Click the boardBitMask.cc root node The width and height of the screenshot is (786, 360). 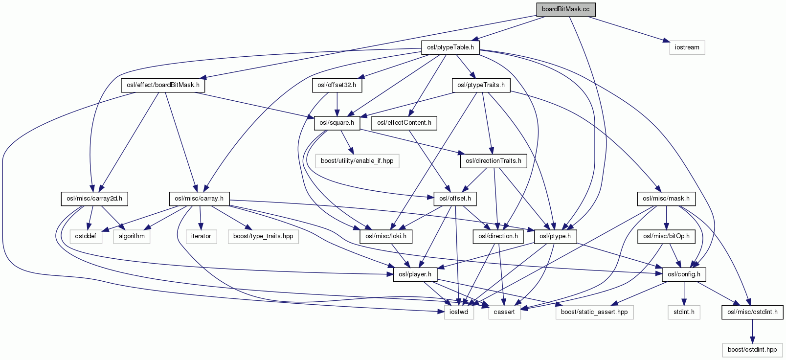coord(565,10)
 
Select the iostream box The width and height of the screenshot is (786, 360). coord(687,47)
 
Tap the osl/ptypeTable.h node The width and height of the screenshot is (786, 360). coord(450,47)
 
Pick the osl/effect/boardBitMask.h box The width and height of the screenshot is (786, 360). coord(163,85)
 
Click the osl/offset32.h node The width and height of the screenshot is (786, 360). coord(337,85)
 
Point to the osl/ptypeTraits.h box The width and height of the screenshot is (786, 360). coord(481,85)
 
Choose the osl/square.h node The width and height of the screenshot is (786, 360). coord(337,123)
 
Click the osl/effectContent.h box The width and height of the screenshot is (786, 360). coord(404,123)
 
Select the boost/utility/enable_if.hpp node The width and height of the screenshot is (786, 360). coord(357,161)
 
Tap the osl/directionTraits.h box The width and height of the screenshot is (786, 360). coord(493,161)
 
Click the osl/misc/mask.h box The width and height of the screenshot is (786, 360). coord(666,199)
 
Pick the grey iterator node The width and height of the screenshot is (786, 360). coord(201,236)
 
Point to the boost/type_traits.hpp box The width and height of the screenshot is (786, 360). coord(263,236)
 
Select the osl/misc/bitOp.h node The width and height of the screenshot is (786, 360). coord(666,236)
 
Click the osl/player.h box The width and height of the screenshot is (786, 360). coord(415,274)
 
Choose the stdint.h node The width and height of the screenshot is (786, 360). coord(684,312)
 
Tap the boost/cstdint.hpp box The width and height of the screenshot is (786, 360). coord(752,350)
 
